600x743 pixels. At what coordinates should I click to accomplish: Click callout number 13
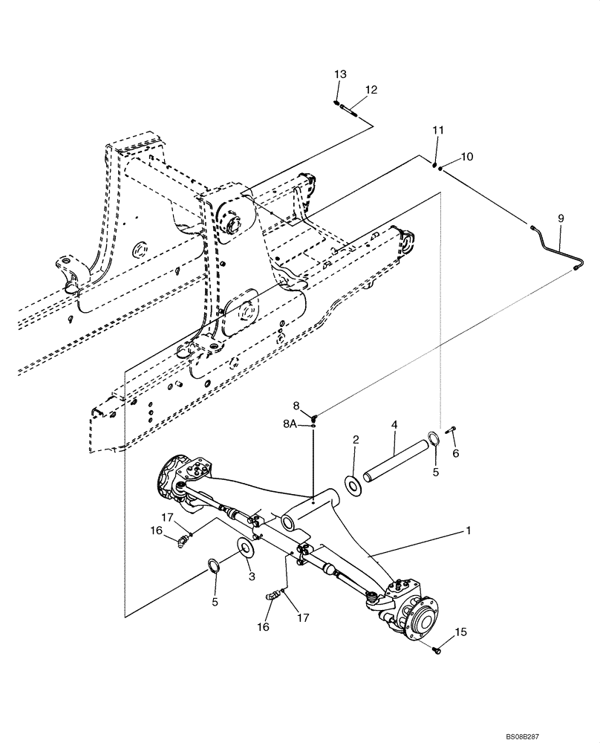[340, 74]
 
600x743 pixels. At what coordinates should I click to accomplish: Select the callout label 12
[371, 90]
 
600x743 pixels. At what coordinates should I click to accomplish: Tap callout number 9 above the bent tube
[561, 218]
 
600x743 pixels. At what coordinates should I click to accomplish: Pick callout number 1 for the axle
[469, 531]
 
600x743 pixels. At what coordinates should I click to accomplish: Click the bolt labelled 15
[437, 650]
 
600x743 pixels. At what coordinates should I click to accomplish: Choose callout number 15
[460, 632]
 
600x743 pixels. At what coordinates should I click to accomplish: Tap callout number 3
[252, 576]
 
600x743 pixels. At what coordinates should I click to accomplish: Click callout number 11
[438, 130]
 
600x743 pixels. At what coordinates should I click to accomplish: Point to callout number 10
[466, 157]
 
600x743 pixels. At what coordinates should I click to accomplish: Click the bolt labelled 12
[350, 111]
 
